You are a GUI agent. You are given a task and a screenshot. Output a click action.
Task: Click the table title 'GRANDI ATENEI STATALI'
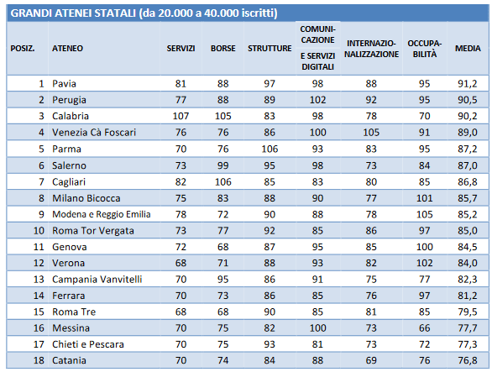click(x=73, y=13)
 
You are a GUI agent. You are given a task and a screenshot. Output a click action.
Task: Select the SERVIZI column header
click(x=181, y=49)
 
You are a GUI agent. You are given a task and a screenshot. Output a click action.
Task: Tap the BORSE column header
click(x=223, y=49)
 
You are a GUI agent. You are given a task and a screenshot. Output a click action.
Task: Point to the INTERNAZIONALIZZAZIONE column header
click(x=371, y=49)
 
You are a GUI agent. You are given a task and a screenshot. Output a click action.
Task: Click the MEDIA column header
click(x=468, y=49)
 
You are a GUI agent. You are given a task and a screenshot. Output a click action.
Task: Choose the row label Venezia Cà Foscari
click(x=94, y=133)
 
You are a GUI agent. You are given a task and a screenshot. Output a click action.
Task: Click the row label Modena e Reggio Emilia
click(x=102, y=214)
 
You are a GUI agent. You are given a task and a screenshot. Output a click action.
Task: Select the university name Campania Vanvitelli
click(x=97, y=280)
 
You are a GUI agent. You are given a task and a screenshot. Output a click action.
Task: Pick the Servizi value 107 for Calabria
click(x=181, y=116)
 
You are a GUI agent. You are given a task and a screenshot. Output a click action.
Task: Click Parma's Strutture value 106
click(x=270, y=149)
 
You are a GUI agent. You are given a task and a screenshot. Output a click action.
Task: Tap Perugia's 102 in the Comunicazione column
click(x=318, y=100)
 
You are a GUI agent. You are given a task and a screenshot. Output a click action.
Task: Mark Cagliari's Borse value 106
click(x=223, y=181)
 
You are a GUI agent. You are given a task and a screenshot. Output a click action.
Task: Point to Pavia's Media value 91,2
click(x=468, y=84)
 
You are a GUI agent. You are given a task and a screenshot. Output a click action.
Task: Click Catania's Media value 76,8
click(x=468, y=360)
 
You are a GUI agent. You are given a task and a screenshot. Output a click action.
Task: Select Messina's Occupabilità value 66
click(x=425, y=328)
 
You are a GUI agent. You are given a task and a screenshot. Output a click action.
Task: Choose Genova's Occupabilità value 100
click(x=425, y=247)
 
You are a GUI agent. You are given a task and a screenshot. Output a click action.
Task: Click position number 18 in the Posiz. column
click(x=39, y=360)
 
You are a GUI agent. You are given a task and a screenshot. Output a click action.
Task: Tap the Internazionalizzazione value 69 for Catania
click(x=371, y=360)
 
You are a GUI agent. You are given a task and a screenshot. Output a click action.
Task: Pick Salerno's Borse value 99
click(x=223, y=165)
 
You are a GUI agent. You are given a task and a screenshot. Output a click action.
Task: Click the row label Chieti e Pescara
click(x=88, y=344)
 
